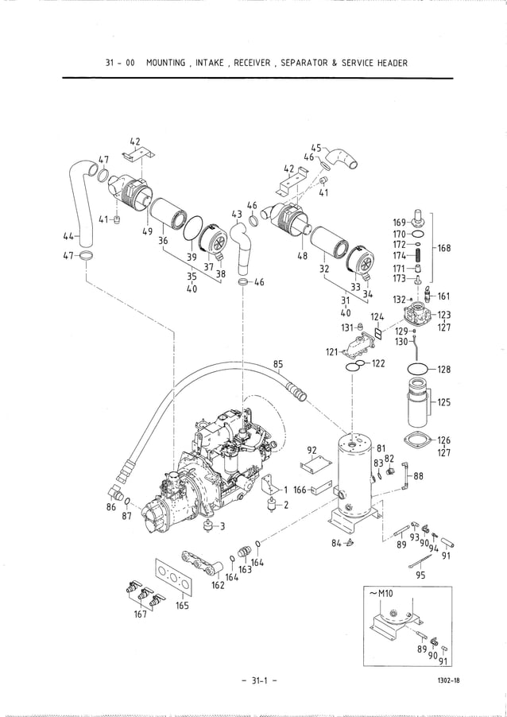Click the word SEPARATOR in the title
coord(300,63)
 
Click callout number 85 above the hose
coord(278,365)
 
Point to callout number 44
coord(68,236)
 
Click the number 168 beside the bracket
coord(443,248)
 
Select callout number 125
coord(443,402)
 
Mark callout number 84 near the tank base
coord(337,543)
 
